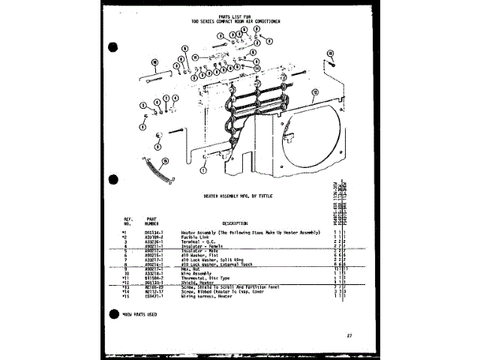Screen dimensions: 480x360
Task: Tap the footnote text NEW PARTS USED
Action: [142, 313]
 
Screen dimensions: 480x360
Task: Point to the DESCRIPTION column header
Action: [235, 223]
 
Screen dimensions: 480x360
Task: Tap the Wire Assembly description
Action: [196, 272]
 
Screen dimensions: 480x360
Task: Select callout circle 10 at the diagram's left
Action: [154, 63]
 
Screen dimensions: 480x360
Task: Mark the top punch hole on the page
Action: [113, 47]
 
